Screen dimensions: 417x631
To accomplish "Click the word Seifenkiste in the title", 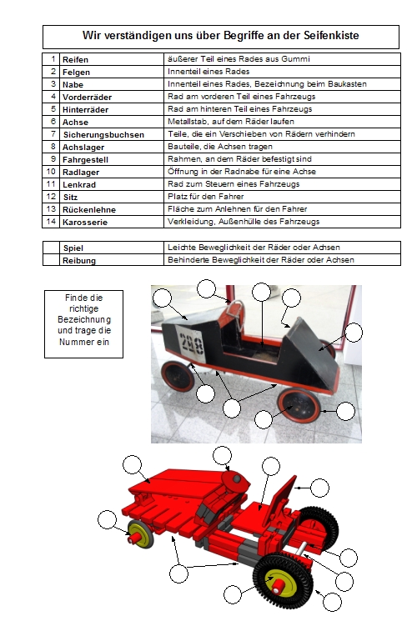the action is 331,35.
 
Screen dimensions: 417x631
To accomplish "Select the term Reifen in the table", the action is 75,59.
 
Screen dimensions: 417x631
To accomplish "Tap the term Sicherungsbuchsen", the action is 103,135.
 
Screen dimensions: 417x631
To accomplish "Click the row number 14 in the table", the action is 51,222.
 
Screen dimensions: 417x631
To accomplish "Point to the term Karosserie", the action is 85,222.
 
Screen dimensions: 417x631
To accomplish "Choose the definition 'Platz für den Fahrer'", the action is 206,197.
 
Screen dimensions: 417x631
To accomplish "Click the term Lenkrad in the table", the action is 79,185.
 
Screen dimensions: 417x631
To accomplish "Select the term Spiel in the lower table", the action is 73,248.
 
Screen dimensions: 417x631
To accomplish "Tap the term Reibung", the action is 79,260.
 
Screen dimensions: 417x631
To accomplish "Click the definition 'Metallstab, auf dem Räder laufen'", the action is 231,122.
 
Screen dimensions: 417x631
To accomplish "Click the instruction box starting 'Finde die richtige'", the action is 83,324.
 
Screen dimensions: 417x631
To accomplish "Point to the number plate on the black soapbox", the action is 191,344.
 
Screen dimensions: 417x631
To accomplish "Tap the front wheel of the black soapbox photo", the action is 178,376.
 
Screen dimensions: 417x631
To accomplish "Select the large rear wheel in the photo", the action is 299,405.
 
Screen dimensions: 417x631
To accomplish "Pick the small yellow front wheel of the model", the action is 140,534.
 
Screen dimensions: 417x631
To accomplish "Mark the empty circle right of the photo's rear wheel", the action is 345,411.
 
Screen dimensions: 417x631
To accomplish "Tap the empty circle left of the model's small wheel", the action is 107,519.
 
